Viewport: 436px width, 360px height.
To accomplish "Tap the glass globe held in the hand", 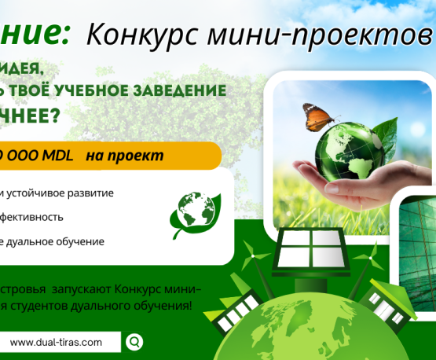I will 344,153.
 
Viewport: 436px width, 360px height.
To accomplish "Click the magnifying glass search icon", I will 135,341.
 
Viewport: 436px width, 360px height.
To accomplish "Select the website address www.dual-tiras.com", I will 57,342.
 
